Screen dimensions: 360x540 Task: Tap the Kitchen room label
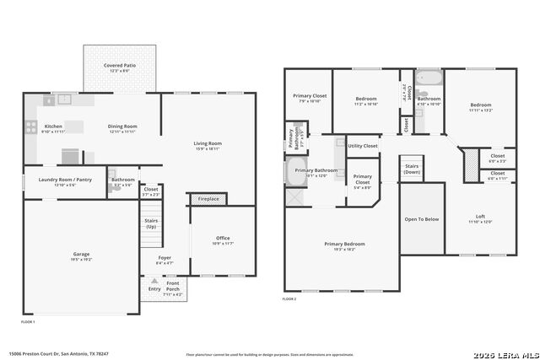point(53,126)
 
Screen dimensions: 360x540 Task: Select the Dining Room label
point(122,126)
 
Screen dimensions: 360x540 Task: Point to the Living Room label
point(208,143)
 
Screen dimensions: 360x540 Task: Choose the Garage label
point(81,254)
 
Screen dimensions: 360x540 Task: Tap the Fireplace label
point(208,199)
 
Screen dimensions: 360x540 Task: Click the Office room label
point(223,238)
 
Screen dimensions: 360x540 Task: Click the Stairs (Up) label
point(151,223)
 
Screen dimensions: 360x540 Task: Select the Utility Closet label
point(363,146)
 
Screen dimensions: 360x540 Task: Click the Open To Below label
point(421,219)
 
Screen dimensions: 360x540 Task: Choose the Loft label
point(480,217)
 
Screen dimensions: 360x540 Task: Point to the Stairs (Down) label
point(412,169)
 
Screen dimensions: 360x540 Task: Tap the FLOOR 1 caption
point(28,322)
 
